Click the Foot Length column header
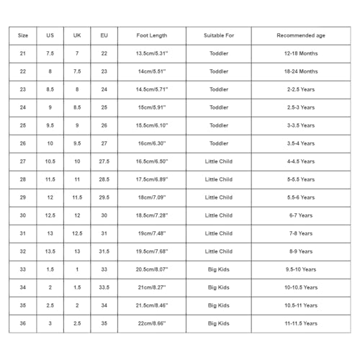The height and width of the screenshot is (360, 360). tap(152, 35)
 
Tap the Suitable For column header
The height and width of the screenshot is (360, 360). tap(219, 35)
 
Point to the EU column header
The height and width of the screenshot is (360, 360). tap(104, 35)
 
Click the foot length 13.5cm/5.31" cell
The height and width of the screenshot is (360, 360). tap(152, 53)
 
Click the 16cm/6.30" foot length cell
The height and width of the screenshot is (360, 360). tap(152, 143)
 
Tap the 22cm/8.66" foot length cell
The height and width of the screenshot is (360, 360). tap(152, 323)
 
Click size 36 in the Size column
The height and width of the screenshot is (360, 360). tap(22, 323)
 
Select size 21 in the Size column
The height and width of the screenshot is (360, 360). tap(22, 53)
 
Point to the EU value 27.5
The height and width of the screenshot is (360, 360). tap(104, 161)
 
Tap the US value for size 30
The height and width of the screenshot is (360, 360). tap(50, 215)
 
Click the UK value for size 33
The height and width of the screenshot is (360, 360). tap(77, 269)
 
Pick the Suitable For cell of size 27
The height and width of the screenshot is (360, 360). tap(219, 161)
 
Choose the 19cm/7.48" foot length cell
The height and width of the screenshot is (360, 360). tap(152, 233)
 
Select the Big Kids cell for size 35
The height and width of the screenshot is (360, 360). tap(219, 305)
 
